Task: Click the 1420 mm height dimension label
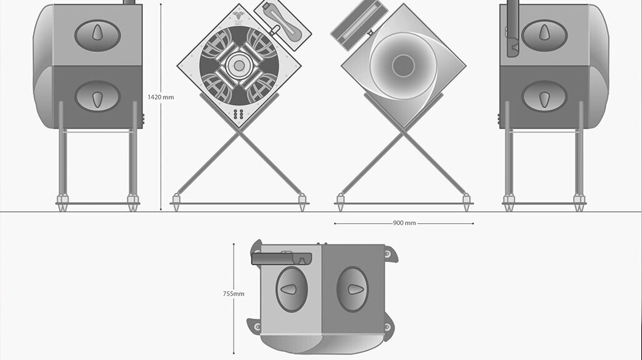160,97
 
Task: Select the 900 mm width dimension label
405,223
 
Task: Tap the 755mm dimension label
234,294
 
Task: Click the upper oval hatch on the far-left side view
97,35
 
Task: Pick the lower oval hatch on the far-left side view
97,97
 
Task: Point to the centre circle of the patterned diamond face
238,65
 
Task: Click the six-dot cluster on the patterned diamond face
238,114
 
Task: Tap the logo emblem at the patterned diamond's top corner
238,16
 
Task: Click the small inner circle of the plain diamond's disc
403,64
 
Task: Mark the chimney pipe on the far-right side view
513,28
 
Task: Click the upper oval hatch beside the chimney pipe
544,35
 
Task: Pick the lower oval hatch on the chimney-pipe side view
544,97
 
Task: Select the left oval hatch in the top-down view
291,289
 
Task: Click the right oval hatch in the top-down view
352,289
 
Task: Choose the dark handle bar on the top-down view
281,257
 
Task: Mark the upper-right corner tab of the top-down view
390,254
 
